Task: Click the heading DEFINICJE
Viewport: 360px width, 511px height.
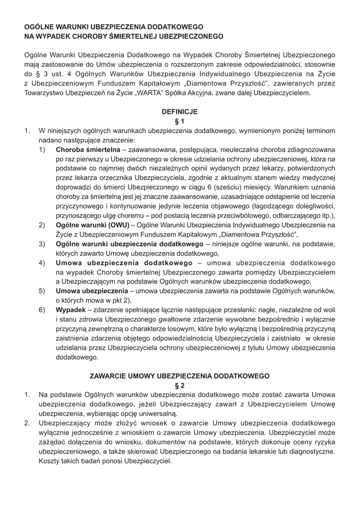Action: point(180,111)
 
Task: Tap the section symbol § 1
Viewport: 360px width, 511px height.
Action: point(180,121)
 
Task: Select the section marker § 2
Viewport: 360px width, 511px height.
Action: point(180,385)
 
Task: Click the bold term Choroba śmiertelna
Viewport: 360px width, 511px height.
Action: point(88,149)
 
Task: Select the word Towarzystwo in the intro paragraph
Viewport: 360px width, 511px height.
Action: point(45,93)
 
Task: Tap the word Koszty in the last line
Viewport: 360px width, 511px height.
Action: point(50,461)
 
